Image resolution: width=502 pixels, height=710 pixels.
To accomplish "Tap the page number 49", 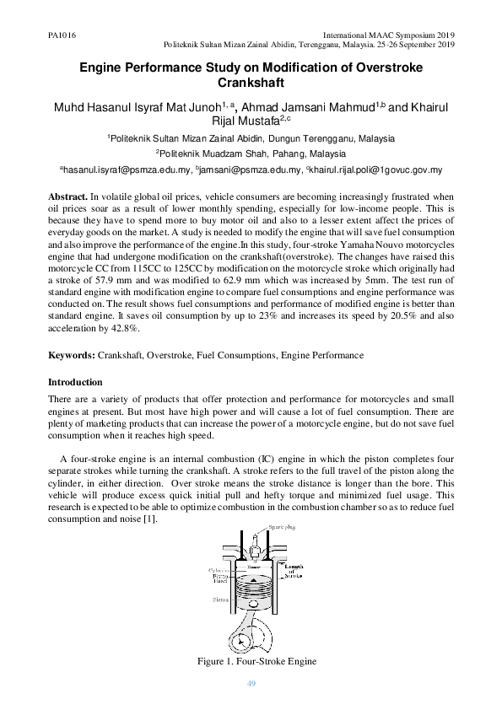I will click(x=251, y=682).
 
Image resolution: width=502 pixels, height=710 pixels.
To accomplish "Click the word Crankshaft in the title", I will click(x=251, y=83).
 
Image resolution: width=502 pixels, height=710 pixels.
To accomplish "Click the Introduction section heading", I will click(x=75, y=382).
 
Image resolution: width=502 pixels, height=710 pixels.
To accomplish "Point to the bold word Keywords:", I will click(x=73, y=356).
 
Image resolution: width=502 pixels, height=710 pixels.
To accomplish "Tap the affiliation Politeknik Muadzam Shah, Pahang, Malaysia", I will click(x=251, y=153).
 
